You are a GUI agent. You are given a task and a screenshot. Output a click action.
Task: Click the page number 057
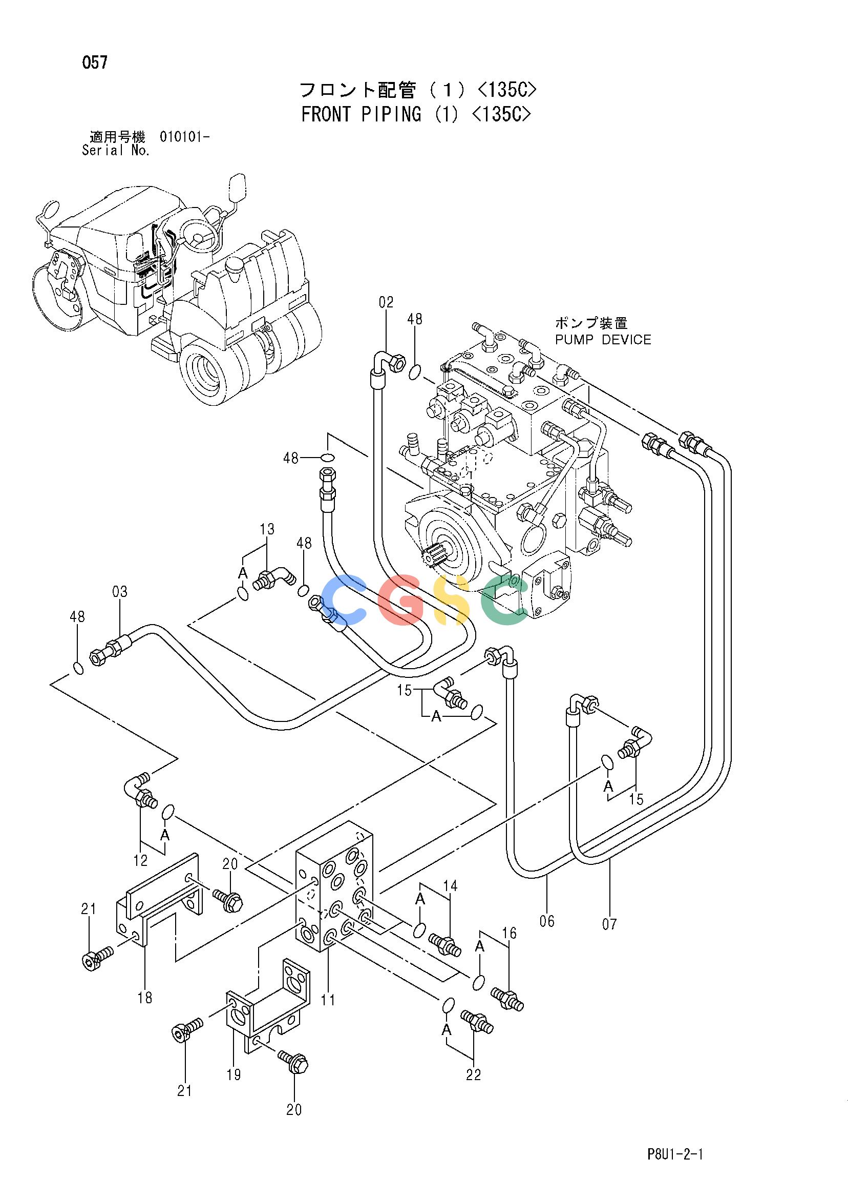(x=95, y=63)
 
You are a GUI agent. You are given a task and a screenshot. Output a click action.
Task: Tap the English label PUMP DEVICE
(x=603, y=340)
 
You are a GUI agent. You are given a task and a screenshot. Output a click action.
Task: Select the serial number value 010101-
(x=184, y=137)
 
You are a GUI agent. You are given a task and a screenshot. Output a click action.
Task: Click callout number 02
(x=386, y=302)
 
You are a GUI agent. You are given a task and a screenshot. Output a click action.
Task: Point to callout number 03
(x=120, y=592)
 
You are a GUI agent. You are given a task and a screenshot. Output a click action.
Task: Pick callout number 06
(x=547, y=921)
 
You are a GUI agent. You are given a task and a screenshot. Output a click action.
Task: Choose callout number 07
(x=609, y=924)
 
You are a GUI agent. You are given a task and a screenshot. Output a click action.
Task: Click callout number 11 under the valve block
(x=328, y=1000)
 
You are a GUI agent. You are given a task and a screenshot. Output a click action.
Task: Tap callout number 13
(x=267, y=529)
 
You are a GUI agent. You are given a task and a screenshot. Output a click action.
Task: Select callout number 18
(x=145, y=998)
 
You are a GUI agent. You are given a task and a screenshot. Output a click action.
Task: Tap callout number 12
(x=140, y=860)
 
